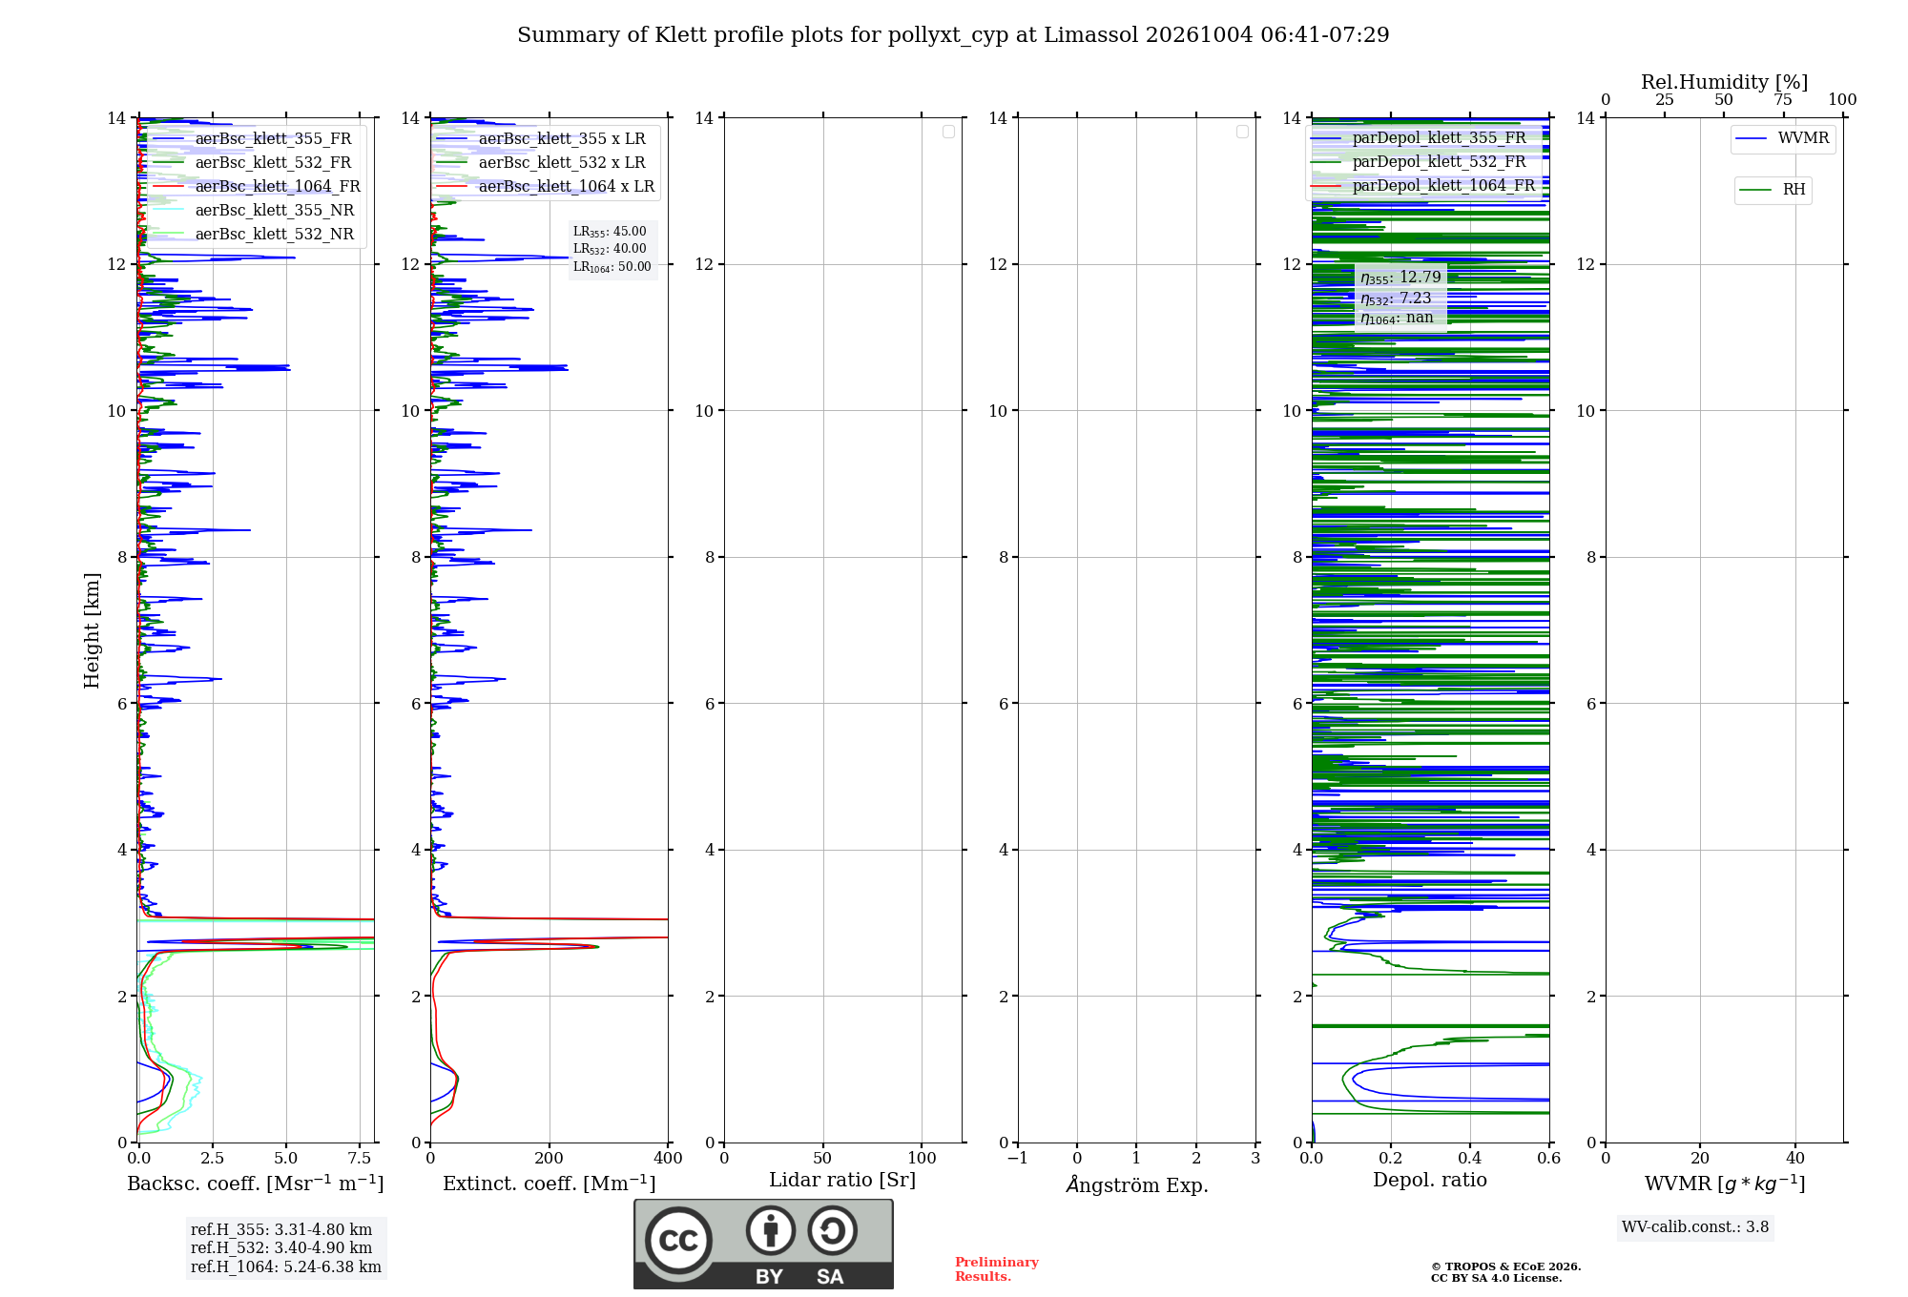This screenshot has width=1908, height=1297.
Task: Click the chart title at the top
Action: tap(953, 35)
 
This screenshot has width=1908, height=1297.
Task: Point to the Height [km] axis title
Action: tap(92, 630)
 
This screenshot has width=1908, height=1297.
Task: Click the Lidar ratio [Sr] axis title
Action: tap(842, 1181)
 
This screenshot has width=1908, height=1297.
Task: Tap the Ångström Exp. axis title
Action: tap(1137, 1184)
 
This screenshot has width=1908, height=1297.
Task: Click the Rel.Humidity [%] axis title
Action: tap(1725, 82)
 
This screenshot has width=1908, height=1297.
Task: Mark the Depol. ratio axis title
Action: tap(1430, 1181)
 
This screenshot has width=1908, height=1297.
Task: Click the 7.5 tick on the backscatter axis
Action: tap(360, 1158)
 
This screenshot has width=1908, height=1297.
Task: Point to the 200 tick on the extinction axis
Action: tap(550, 1158)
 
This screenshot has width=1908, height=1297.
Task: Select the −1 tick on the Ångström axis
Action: tap(1018, 1158)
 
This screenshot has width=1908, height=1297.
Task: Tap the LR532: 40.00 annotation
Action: tap(610, 249)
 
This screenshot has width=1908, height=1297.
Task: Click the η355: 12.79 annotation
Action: tap(1400, 278)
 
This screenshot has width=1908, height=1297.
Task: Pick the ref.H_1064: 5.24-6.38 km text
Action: tap(286, 1267)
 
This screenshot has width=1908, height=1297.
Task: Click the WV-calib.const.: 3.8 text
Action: tap(1695, 1227)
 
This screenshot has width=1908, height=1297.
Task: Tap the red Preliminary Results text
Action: tap(997, 1269)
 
